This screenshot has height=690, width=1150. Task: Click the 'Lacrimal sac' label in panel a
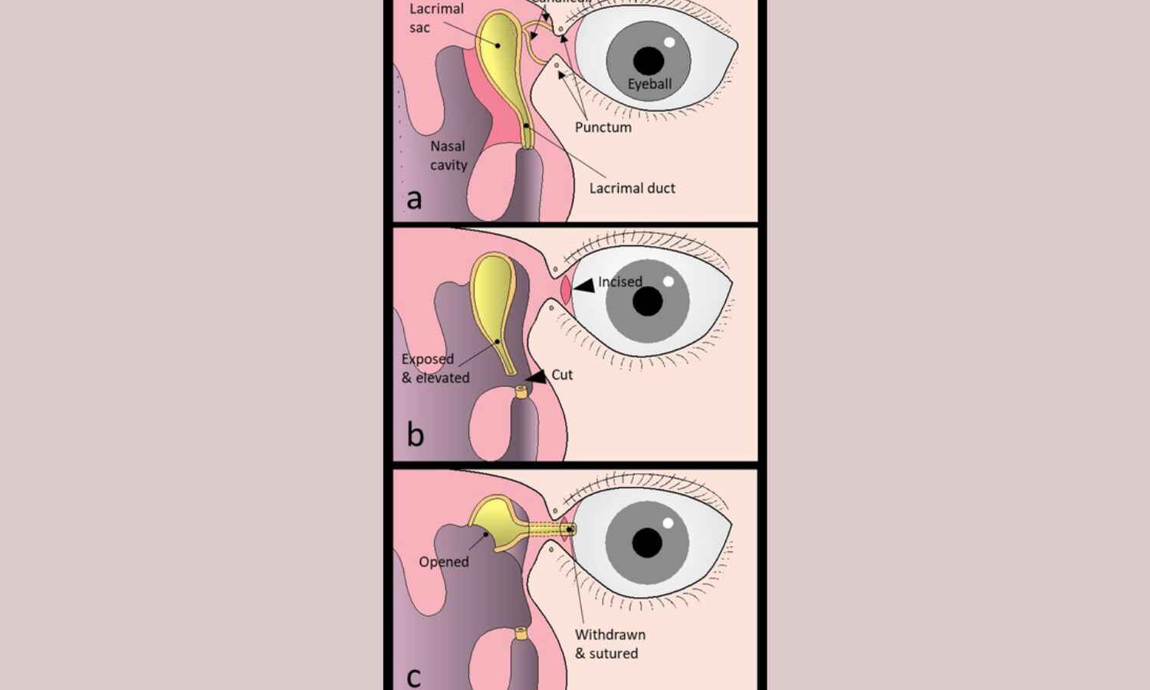(435, 18)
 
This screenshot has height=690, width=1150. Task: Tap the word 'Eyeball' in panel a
(649, 84)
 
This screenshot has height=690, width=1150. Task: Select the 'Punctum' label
(603, 127)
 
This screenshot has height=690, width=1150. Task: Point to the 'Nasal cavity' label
(448, 155)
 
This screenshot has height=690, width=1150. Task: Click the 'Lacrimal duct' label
(632, 188)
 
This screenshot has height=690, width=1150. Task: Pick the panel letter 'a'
(414, 199)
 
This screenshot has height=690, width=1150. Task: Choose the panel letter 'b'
(415, 435)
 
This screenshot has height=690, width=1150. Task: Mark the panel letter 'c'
(413, 677)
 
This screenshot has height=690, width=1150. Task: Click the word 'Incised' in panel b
(619, 282)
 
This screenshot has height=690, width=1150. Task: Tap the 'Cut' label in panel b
(562, 375)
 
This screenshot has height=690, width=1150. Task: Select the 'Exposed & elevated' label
(435, 368)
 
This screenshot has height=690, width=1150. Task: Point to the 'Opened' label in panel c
(443, 562)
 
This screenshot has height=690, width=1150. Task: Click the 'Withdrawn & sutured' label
(609, 644)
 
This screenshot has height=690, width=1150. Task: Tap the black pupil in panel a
(649, 61)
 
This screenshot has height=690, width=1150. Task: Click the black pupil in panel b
(648, 302)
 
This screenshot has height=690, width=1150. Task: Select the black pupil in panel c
(647, 543)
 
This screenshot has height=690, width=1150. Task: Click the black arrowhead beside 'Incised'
(584, 286)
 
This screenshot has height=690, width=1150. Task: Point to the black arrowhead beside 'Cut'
(537, 376)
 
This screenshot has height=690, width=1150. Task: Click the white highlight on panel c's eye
(668, 524)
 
